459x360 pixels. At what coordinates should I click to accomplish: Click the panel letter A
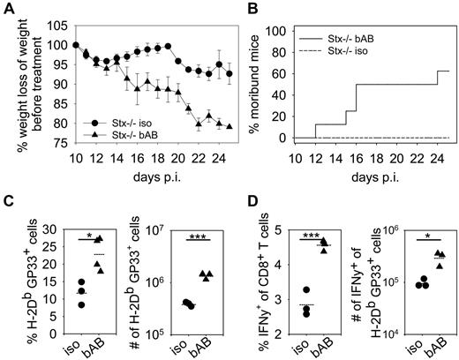7,8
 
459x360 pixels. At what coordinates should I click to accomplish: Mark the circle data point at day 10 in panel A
76,45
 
